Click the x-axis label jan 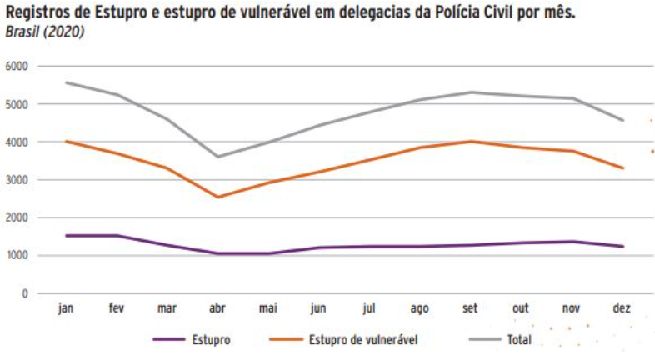[66, 308]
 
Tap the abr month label [217, 308]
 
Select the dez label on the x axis [622, 308]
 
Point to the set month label [470, 308]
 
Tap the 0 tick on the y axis [26, 293]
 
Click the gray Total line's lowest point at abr [217, 157]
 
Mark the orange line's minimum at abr [217, 197]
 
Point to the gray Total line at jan [66, 82]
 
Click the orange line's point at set [470, 142]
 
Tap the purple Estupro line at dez [622, 247]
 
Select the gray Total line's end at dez [622, 120]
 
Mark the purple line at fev [117, 235]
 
